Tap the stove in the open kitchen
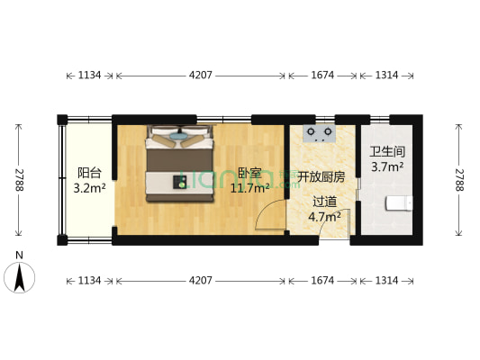318,134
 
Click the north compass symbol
20,274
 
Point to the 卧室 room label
250,174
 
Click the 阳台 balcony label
88,174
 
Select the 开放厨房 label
321,177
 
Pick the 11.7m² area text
250,188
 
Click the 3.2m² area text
90,189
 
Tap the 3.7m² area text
387,166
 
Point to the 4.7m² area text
324,216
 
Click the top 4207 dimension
200,76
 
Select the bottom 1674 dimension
322,281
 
